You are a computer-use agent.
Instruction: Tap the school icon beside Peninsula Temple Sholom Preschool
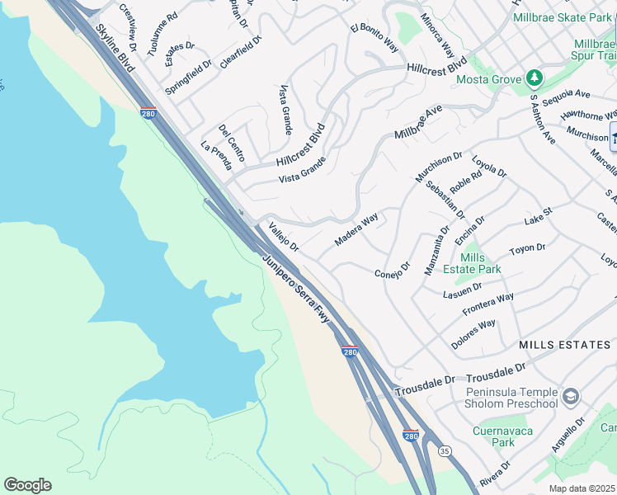coord(570,398)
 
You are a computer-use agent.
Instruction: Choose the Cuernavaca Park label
coord(502,436)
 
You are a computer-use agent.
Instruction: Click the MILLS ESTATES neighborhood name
coord(565,344)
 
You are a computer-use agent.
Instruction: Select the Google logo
coord(27,485)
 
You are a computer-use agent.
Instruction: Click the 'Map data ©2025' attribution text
coord(582,488)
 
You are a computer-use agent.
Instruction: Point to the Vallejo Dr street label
coord(283,235)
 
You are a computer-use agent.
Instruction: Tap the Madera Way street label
coord(356,229)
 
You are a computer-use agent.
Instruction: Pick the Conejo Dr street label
coord(392,271)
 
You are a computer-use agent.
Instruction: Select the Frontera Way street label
coord(488,304)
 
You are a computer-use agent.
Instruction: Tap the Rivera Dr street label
coord(495,471)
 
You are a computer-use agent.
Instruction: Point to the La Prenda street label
coord(216,155)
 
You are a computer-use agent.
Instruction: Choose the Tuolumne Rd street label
coord(162,34)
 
